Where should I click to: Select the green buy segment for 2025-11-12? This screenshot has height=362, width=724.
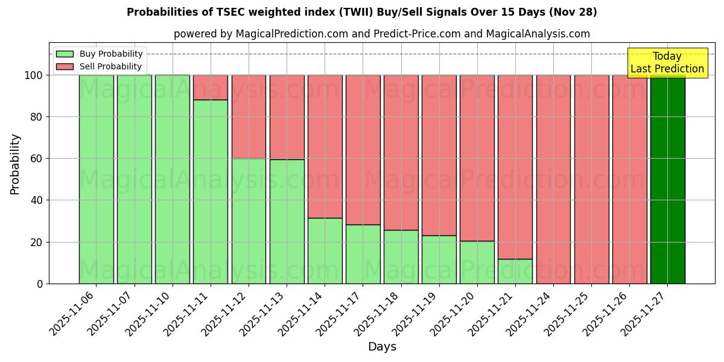pos(249,221)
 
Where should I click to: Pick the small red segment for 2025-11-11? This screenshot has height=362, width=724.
pos(211,87)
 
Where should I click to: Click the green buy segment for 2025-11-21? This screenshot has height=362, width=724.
pos(515,271)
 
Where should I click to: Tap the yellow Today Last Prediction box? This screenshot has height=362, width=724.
pos(667,63)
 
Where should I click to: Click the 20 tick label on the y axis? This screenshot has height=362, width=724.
pos(37,242)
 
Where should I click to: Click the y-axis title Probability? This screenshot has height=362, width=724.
pos(15,164)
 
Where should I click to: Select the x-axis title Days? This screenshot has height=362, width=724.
pos(382,347)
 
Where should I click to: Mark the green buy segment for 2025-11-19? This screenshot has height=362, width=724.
pos(439,259)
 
